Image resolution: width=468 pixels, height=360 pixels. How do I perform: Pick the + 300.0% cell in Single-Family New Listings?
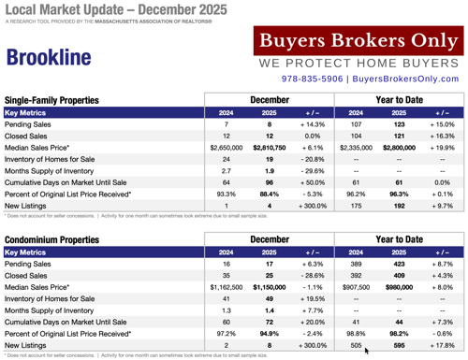tap(314, 205)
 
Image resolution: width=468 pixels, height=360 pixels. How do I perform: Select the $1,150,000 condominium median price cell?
tap(270, 287)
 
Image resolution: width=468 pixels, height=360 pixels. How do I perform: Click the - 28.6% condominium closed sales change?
tap(314, 276)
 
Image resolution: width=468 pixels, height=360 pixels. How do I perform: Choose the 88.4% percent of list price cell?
tap(270, 194)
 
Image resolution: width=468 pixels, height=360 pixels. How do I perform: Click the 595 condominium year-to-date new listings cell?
tap(396, 344)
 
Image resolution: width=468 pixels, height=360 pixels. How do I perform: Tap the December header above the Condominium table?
tap(271, 240)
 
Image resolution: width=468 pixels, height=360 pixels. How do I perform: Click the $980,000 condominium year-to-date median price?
tap(396, 287)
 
